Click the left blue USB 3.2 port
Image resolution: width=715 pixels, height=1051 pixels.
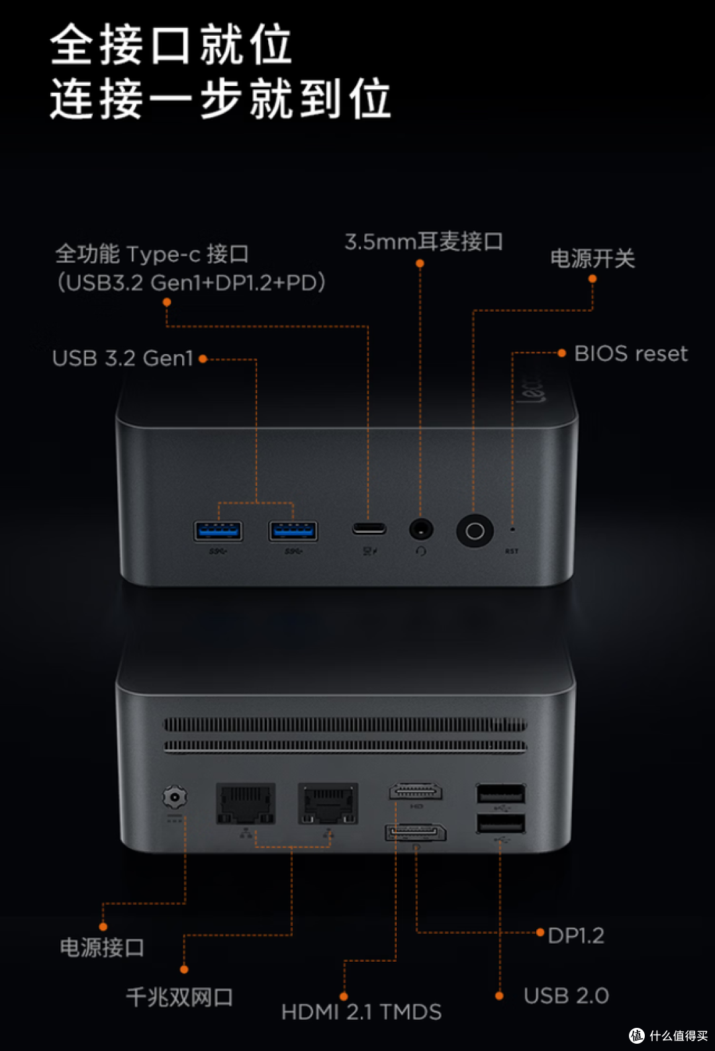pyautogui.click(x=218, y=531)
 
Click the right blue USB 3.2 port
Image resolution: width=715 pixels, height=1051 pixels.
pyautogui.click(x=293, y=531)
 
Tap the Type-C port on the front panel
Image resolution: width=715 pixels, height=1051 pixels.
pyautogui.click(x=369, y=528)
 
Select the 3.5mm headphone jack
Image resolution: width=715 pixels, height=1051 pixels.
pyautogui.click(x=420, y=529)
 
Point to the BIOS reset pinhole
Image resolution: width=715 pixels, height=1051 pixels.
pyautogui.click(x=512, y=529)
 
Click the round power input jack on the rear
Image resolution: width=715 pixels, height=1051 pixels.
pyautogui.click(x=175, y=797)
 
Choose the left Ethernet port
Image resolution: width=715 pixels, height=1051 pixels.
pyautogui.click(x=246, y=803)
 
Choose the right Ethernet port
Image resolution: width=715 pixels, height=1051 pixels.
pyautogui.click(x=328, y=803)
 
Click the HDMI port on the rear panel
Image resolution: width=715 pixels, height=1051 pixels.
pyautogui.click(x=416, y=792)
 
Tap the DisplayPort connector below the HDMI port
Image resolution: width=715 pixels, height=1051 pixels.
pyautogui.click(x=416, y=833)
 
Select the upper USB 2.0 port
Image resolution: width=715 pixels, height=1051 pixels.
pyautogui.click(x=501, y=794)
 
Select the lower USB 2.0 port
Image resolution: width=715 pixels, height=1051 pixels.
pyautogui.click(x=501, y=824)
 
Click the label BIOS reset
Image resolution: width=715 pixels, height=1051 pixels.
pyautogui.click(x=630, y=353)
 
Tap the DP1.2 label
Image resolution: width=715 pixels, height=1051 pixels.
pyautogui.click(x=575, y=936)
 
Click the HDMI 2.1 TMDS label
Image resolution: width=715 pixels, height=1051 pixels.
pyautogui.click(x=361, y=1012)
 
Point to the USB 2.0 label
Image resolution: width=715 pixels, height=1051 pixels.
pyautogui.click(x=566, y=995)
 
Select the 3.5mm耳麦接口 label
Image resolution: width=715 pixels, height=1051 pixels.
pyautogui.click(x=424, y=242)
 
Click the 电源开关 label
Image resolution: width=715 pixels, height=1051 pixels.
pyautogui.click(x=593, y=259)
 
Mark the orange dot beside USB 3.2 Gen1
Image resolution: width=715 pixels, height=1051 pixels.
pyautogui.click(x=203, y=359)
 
